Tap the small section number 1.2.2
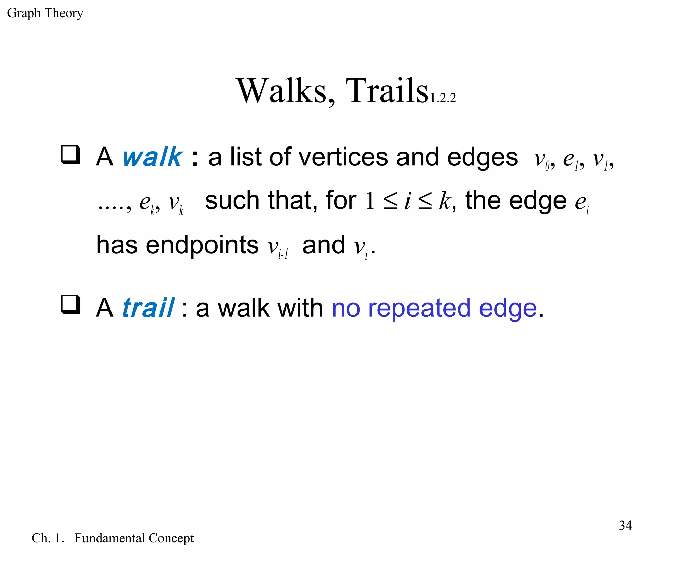(443, 98)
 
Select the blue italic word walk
(152, 157)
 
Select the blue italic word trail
(148, 308)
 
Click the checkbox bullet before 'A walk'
(71, 155)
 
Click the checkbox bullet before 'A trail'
(71, 304)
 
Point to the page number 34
(625, 526)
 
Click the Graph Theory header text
(45, 13)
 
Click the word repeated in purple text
(419, 308)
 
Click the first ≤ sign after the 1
(390, 202)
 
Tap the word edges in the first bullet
(482, 157)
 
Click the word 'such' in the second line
(232, 200)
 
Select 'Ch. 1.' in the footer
(48, 538)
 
